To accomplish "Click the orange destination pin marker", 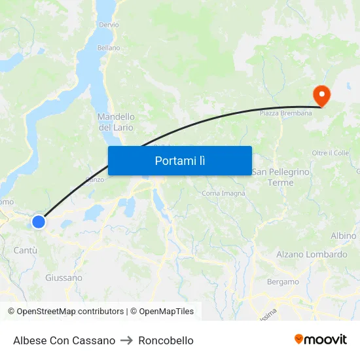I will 321,96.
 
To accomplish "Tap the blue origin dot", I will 39,222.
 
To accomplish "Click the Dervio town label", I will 109,25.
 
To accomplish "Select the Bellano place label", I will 109,48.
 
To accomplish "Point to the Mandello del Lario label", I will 116,122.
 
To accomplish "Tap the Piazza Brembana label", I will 286,113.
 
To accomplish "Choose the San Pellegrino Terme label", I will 281,177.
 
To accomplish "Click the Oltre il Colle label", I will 331,153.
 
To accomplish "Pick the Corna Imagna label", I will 224,193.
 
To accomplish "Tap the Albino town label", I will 344,236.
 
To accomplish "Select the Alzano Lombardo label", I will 312,255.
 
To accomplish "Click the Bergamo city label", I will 283,281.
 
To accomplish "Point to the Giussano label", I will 63,278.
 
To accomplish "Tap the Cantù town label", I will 26,251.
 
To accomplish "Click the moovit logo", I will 321,339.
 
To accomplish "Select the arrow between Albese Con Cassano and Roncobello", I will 127,340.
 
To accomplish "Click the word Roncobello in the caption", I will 166,340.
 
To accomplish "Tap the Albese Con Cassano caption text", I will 64,340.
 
